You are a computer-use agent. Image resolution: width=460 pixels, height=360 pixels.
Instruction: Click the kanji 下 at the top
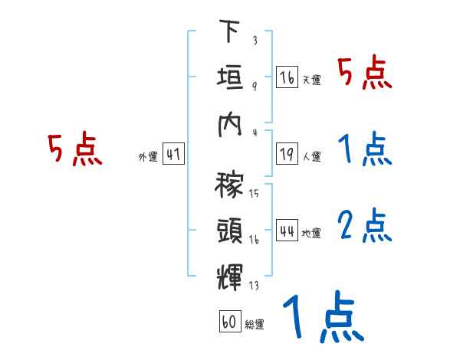(x=228, y=33)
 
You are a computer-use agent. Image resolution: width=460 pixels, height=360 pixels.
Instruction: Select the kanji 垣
(x=229, y=77)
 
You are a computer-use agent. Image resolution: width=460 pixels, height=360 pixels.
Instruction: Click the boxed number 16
(x=287, y=77)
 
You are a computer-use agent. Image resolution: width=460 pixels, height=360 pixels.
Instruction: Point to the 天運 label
(x=311, y=80)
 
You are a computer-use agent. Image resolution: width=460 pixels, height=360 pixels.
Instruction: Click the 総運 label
(x=255, y=324)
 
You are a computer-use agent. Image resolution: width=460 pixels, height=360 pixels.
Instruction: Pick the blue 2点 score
(x=365, y=226)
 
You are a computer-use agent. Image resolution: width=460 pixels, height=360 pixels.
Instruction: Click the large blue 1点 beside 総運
(x=322, y=318)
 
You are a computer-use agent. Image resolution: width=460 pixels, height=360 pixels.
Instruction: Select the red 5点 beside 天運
(x=365, y=74)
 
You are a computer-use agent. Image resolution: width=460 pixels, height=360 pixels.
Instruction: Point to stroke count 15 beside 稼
(x=254, y=193)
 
